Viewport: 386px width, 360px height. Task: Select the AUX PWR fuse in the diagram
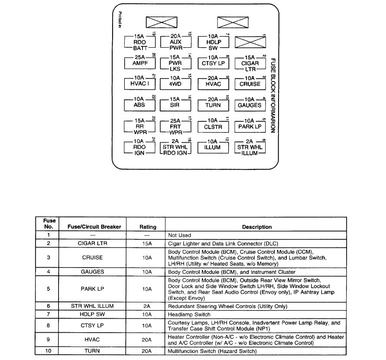pos(176,43)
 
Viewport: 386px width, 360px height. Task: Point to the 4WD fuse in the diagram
pos(176,84)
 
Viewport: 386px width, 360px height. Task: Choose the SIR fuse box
pos(176,105)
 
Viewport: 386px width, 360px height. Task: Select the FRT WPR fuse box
pos(176,126)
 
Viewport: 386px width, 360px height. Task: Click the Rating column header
pos(148,227)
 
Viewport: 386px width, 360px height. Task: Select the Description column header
pos(257,227)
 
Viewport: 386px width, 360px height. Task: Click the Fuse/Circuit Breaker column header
pos(94,227)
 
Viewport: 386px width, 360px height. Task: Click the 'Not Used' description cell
pos(179,235)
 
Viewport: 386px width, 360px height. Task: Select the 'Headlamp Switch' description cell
pos(189,314)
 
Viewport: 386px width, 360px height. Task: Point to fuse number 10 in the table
pos(49,351)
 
